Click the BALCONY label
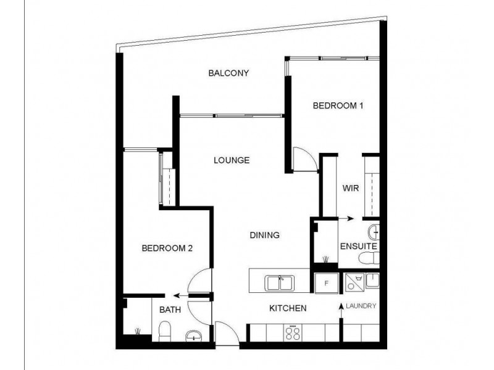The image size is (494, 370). [228, 73]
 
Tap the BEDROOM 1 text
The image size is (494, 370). [337, 105]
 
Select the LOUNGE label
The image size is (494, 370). [232, 160]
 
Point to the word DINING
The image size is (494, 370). [265, 235]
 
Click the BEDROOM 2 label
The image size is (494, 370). [168, 249]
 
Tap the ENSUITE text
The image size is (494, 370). [358, 247]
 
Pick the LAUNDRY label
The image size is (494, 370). [361, 306]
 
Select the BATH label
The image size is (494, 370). [170, 310]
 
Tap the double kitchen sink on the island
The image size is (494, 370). [280, 283]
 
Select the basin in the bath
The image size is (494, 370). [194, 335]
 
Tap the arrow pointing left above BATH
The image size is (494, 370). [180, 295]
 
